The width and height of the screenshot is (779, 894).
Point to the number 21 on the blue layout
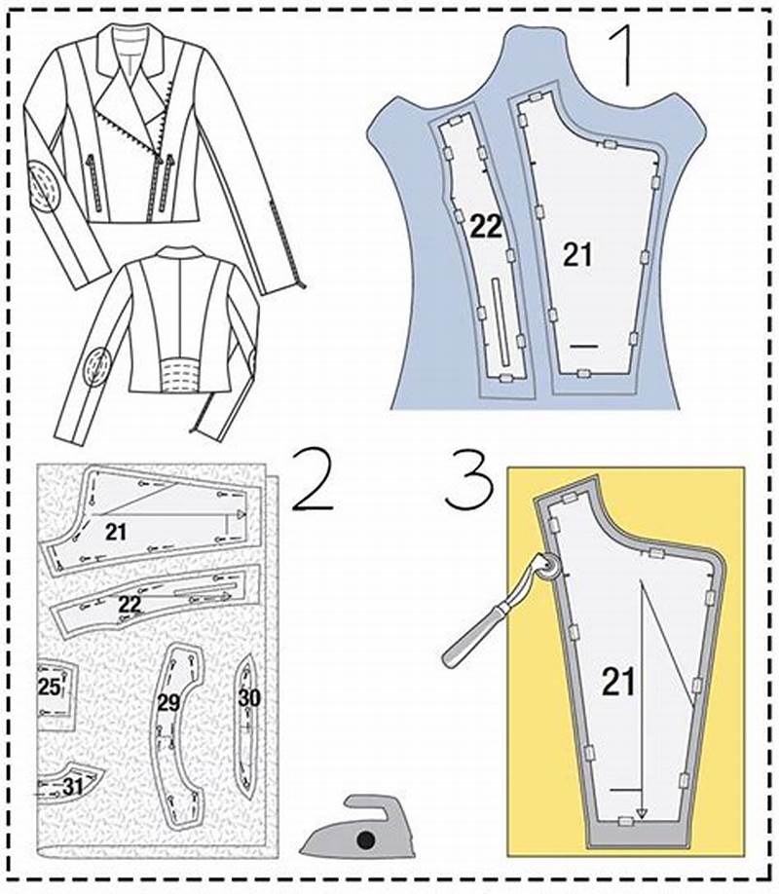tap(577, 254)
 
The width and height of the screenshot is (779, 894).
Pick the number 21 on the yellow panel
tap(618, 681)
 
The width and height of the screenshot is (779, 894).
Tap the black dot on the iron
tap(365, 839)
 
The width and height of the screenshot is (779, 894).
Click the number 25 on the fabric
tap(49, 688)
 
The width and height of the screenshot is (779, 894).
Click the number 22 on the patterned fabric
tap(130, 604)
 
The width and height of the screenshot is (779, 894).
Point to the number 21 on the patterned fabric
tap(118, 531)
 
